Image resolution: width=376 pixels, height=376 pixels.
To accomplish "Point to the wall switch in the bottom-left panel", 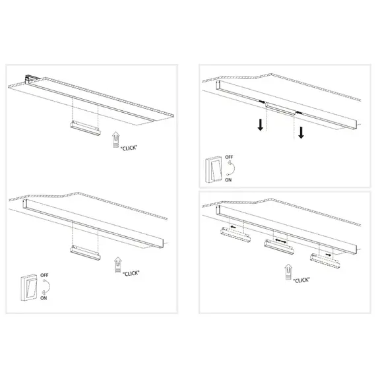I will (x=29, y=288).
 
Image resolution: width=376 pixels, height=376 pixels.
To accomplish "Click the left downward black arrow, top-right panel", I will (x=261, y=125).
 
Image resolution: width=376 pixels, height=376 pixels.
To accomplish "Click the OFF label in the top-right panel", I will (x=229, y=158).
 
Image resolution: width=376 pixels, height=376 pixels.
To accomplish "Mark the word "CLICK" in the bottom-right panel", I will (x=301, y=280).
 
